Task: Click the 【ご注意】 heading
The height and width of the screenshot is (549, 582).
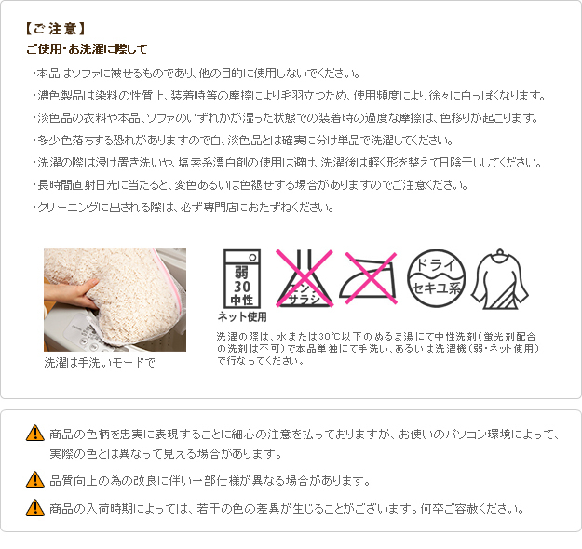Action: click(x=55, y=29)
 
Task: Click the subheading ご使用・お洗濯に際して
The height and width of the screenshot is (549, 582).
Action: click(x=87, y=49)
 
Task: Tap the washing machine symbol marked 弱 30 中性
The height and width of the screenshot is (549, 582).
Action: click(x=241, y=278)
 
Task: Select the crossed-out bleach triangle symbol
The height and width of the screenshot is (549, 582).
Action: click(x=305, y=278)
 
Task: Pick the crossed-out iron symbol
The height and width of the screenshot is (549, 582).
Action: click(x=369, y=278)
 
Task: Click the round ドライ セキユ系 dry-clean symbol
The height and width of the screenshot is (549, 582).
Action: click(x=436, y=278)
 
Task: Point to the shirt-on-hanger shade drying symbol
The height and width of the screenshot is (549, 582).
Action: click(x=500, y=279)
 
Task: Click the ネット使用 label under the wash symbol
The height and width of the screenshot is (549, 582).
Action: click(x=242, y=316)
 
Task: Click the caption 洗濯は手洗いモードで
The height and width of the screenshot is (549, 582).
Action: click(x=100, y=362)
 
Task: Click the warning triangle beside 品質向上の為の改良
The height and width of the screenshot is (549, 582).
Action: click(x=35, y=479)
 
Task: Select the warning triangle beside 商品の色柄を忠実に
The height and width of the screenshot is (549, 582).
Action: click(x=35, y=433)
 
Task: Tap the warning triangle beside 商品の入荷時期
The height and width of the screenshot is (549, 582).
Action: click(x=35, y=507)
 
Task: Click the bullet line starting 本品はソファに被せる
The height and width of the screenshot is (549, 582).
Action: click(x=196, y=74)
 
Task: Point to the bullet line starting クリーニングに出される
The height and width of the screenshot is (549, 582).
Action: click(x=183, y=207)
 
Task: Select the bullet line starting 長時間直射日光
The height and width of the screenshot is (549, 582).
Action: click(x=250, y=185)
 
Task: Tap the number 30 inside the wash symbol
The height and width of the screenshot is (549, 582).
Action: click(x=242, y=287)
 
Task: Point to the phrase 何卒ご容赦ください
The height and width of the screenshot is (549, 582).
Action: click(x=472, y=509)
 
